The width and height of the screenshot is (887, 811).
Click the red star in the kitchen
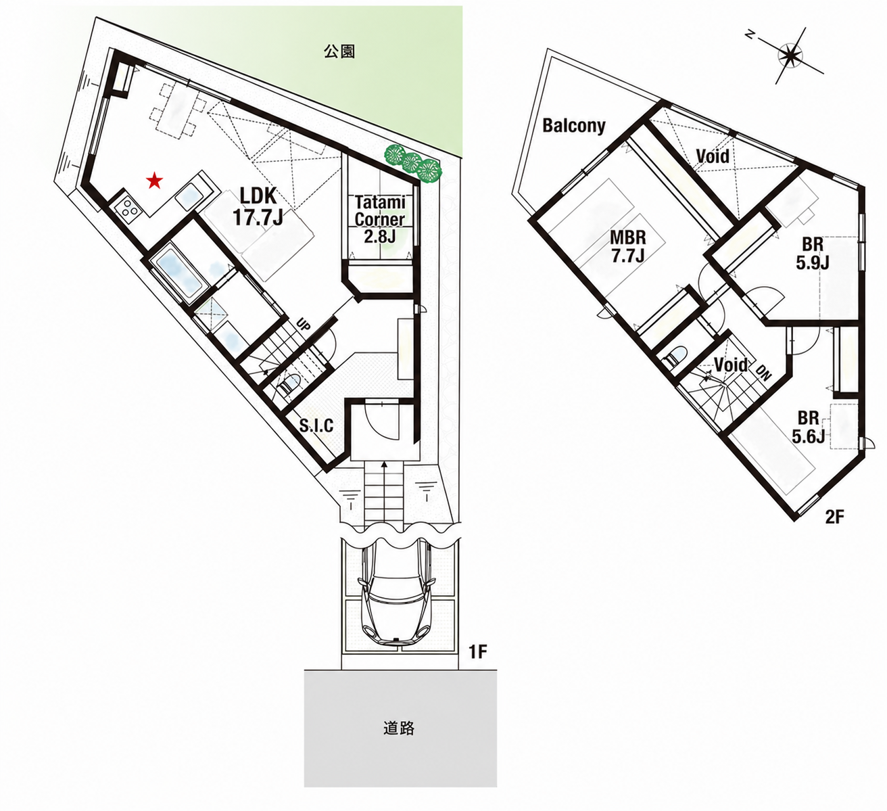[x=154, y=181]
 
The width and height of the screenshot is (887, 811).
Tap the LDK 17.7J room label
[x=258, y=206]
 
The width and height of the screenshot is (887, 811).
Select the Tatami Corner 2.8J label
[x=380, y=219]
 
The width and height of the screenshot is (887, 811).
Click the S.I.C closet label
[x=316, y=426]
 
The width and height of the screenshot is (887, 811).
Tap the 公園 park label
[x=339, y=52]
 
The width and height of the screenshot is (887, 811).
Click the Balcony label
[x=573, y=126]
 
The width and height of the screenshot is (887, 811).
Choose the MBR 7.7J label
[x=628, y=246]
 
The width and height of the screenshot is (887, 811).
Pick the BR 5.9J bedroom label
[x=812, y=254]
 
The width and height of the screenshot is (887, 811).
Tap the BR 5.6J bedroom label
[x=809, y=427]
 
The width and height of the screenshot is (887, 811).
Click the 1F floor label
[x=478, y=652]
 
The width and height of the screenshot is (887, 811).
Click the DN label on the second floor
[x=764, y=373]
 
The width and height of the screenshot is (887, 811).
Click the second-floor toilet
[x=676, y=356]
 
